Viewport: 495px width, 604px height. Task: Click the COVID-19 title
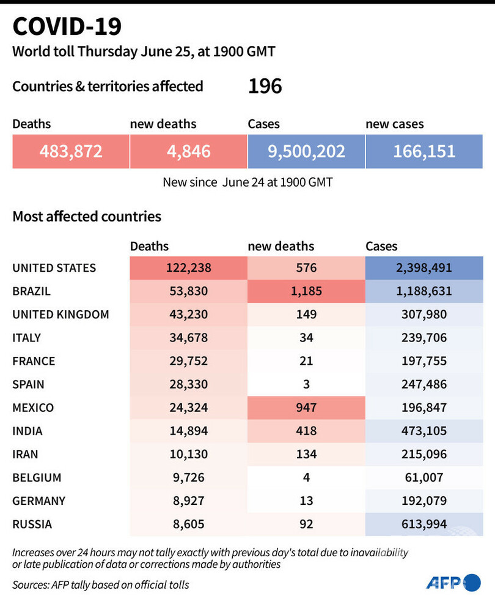click(67, 27)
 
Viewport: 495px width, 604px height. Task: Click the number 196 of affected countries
click(265, 86)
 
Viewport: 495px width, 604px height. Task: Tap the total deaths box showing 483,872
click(71, 151)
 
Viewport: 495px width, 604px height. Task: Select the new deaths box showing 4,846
click(188, 151)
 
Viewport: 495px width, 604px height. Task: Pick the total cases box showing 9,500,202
click(306, 151)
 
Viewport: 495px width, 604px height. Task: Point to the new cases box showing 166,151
click(424, 151)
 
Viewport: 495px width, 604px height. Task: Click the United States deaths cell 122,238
click(188, 268)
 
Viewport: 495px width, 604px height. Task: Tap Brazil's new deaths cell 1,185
click(306, 291)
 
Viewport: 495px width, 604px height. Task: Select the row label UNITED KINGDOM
click(61, 315)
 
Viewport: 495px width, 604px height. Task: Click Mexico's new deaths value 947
click(306, 408)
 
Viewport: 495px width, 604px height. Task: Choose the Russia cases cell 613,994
click(424, 524)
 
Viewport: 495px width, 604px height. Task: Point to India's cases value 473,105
click(424, 431)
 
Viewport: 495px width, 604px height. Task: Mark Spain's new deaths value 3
click(306, 384)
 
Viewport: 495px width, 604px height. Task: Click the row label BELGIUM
click(37, 477)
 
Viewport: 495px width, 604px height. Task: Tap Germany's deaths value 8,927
click(188, 501)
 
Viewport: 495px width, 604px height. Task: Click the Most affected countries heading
click(87, 217)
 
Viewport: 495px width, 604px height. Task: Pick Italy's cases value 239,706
click(424, 338)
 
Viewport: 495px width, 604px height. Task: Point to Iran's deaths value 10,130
click(188, 454)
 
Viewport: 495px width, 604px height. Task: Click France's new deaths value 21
click(306, 361)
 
